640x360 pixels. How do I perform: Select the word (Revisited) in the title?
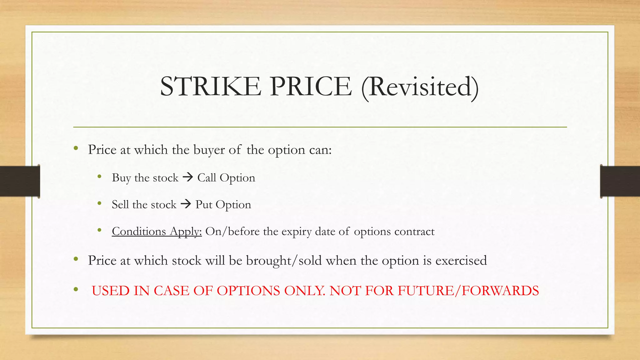(420, 87)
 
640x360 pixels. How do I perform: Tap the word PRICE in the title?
(311, 87)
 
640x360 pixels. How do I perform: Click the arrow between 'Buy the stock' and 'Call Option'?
(188, 177)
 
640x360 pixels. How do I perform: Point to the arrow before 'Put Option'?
(186, 204)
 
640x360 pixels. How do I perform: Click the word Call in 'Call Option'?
(207, 178)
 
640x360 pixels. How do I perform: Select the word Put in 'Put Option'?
(204, 205)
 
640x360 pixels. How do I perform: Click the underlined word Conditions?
(139, 232)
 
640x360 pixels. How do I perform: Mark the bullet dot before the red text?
(76, 290)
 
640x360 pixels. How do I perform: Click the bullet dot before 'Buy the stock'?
(99, 177)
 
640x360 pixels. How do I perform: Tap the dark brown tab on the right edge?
(620, 181)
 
